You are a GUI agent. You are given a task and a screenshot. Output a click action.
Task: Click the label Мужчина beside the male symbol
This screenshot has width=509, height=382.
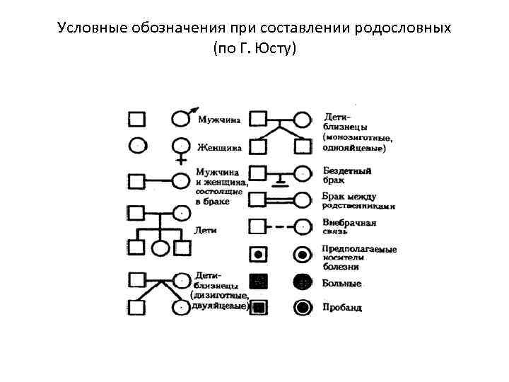tap(218, 120)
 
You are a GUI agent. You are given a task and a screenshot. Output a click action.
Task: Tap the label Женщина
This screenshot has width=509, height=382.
tap(219, 148)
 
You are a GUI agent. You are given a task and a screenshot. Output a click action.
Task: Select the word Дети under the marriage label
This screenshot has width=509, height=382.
tap(206, 231)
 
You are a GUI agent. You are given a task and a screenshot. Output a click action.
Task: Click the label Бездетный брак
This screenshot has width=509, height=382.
tap(347, 175)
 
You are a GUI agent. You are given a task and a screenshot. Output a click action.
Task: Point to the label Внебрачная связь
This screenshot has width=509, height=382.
tap(349, 228)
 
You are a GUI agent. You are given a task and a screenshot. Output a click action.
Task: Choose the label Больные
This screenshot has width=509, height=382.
tap(342, 284)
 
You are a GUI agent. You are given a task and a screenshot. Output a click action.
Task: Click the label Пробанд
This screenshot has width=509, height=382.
tap(342, 308)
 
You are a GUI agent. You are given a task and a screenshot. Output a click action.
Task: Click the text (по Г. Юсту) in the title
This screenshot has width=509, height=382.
tap(255, 48)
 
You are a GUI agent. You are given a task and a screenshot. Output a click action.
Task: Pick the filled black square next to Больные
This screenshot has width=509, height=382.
tap(259, 282)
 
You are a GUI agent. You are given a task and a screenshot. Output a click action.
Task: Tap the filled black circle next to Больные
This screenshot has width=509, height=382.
tap(303, 282)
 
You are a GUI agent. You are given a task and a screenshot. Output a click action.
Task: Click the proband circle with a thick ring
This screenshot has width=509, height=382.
tap(303, 308)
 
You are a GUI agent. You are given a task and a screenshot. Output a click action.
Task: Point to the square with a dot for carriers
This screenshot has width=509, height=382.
tap(259, 253)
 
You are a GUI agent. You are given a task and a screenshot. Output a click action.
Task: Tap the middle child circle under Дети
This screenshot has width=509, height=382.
tap(160, 248)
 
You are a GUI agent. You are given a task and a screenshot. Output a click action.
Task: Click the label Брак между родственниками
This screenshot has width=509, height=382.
tap(358, 201)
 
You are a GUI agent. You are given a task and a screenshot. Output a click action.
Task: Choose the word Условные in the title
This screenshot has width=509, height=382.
tap(87, 28)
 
